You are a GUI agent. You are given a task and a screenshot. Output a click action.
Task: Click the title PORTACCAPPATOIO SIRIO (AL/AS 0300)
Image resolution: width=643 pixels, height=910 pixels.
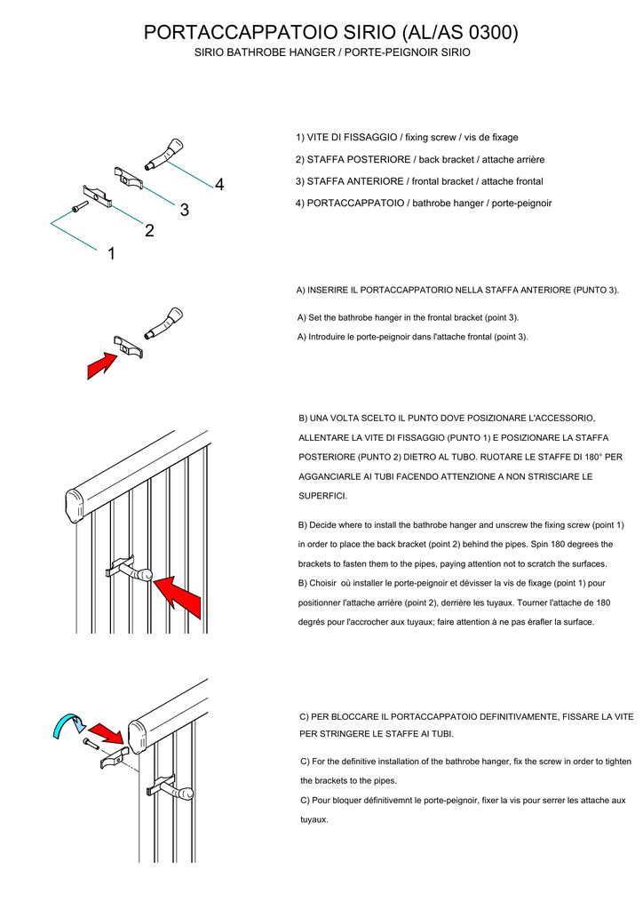click(330, 33)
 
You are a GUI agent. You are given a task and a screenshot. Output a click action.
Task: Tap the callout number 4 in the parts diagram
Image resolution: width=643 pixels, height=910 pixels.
click(219, 184)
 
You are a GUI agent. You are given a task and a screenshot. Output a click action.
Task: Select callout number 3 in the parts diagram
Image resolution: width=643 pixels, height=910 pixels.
click(184, 210)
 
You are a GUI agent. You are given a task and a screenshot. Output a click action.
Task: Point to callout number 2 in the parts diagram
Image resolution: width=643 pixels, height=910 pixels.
click(149, 231)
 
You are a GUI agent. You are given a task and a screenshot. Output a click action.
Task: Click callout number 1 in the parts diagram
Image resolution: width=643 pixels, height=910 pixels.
click(111, 254)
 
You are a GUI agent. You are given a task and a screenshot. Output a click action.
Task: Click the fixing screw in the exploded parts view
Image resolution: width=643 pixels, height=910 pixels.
click(78, 207)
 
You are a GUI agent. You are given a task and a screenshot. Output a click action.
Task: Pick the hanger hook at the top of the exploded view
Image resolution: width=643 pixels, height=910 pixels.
click(166, 154)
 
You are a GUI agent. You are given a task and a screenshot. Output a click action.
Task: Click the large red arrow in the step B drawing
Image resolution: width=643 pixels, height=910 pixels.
click(180, 597)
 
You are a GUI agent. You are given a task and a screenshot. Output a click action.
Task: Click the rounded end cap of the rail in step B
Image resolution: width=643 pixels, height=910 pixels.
click(77, 507)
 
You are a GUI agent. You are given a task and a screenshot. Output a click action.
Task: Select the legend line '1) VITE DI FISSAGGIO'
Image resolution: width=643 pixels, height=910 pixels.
click(407, 138)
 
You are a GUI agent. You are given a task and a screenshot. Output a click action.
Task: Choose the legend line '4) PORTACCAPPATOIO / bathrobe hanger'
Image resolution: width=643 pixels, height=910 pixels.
click(424, 203)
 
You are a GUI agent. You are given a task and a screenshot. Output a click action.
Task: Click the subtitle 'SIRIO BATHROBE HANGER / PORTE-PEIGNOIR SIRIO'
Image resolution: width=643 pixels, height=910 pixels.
click(332, 53)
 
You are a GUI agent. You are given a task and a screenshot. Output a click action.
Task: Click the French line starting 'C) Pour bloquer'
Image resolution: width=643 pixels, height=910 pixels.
click(463, 801)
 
